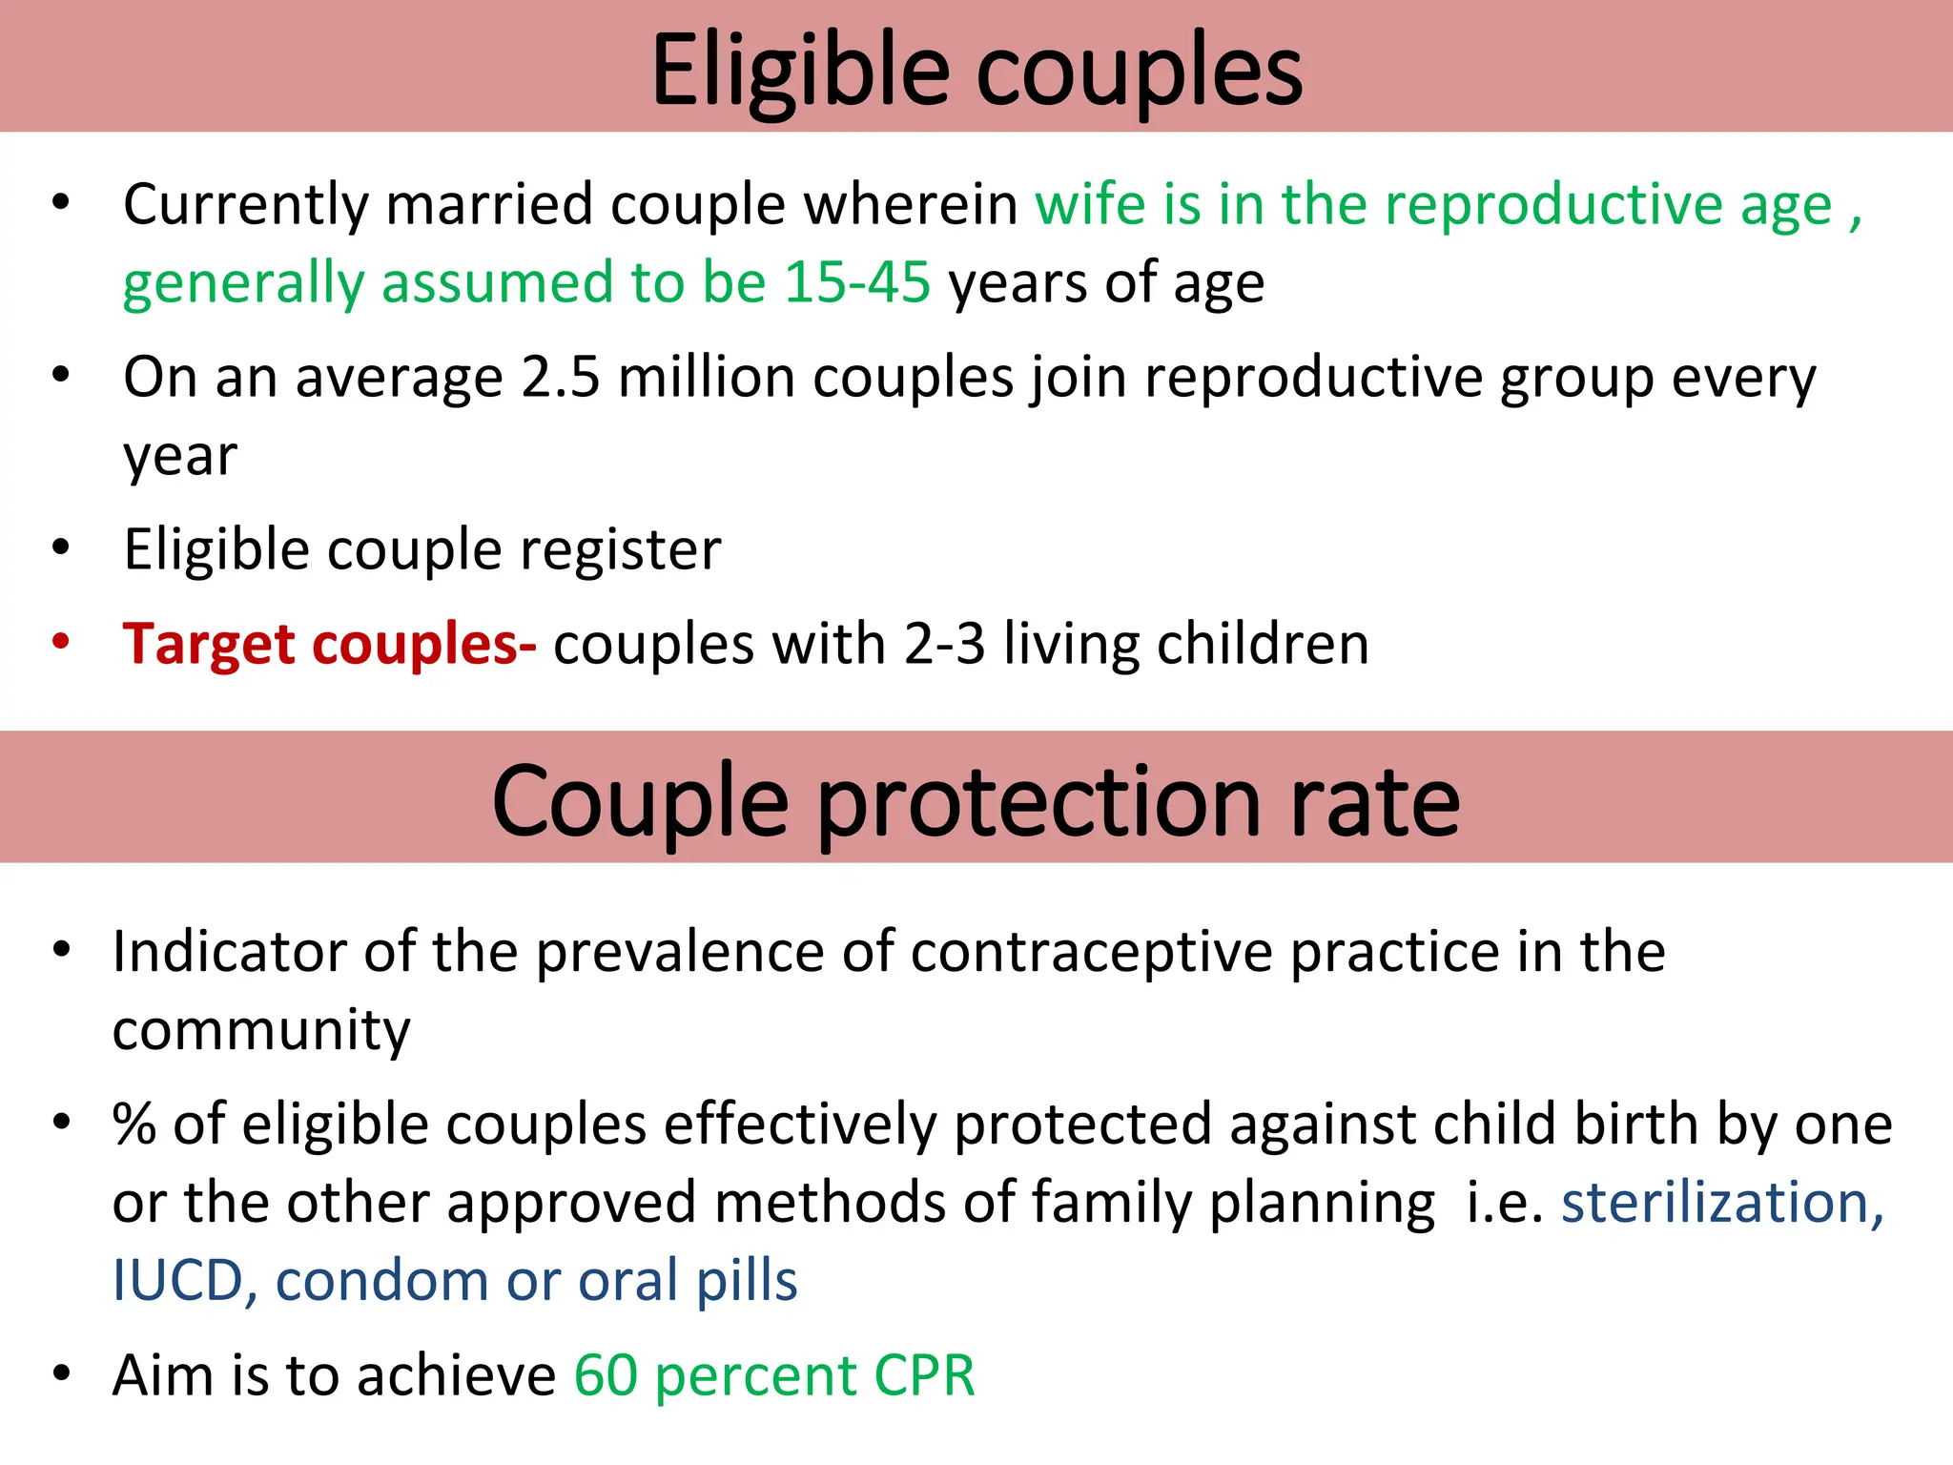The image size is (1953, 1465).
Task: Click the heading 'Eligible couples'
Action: (976, 72)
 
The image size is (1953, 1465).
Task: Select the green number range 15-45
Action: (856, 283)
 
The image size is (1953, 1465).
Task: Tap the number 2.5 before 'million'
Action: (561, 378)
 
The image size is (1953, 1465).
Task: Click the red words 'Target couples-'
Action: (329, 645)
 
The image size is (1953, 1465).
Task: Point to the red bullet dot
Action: (61, 641)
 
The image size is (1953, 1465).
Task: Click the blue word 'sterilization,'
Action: (1722, 1202)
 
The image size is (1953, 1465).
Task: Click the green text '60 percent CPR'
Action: (774, 1375)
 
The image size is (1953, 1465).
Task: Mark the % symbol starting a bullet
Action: (134, 1125)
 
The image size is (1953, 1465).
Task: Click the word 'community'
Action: (261, 1030)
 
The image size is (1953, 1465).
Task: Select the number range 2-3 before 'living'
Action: (944, 645)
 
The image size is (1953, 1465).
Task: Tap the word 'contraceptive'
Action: (1091, 952)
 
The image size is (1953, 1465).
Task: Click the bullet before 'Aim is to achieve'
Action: (62, 1373)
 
